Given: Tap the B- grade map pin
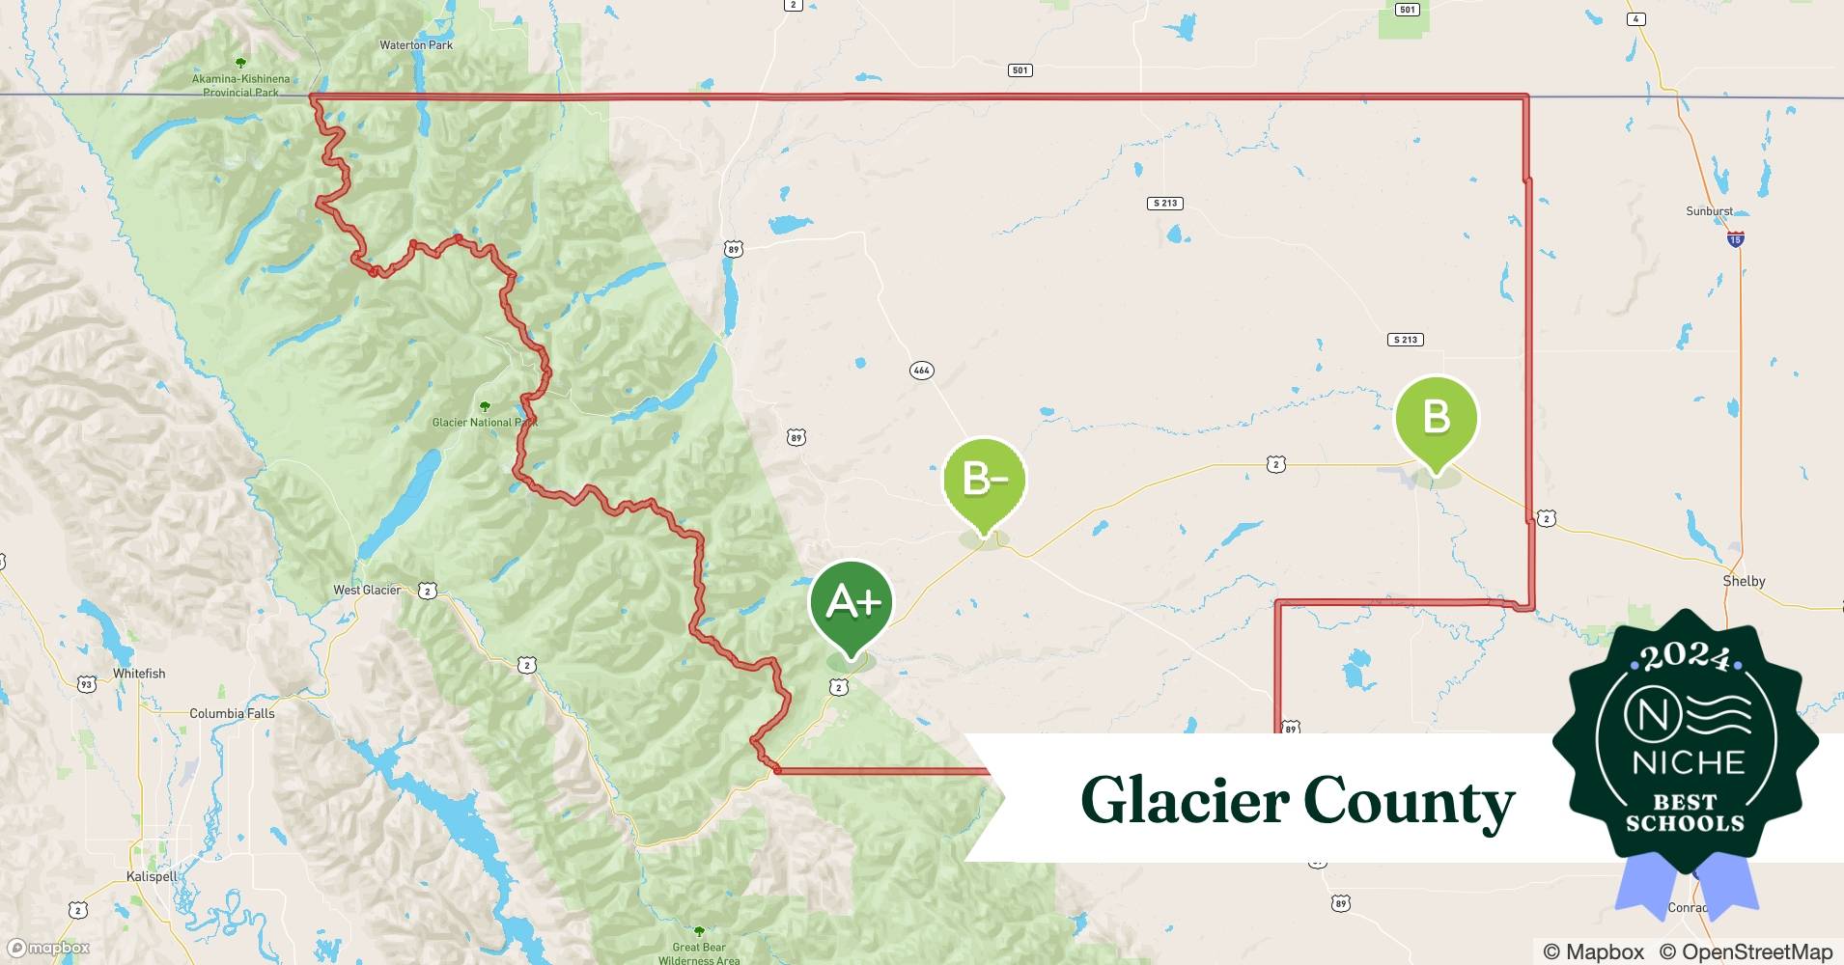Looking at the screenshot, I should pyautogui.click(x=984, y=480).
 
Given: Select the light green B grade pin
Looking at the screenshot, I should pyautogui.click(x=1437, y=418).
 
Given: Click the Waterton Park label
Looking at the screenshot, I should pyautogui.click(x=416, y=45).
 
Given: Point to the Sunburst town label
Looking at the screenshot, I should pyautogui.click(x=1709, y=211).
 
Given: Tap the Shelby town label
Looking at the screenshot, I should pyautogui.click(x=1744, y=581).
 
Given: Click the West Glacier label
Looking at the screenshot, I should pyautogui.click(x=367, y=590).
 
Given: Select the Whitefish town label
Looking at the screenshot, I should pyautogui.click(x=139, y=674).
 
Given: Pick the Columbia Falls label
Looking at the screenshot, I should pyautogui.click(x=232, y=713).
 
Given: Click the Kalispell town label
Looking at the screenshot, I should pyautogui.click(x=152, y=876).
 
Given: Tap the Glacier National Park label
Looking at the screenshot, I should pyautogui.click(x=485, y=422).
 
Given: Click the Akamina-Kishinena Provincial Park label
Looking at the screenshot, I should pyautogui.click(x=240, y=85).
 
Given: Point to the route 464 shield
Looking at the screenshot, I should pyautogui.click(x=921, y=370).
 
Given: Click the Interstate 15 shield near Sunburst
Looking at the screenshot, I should pyautogui.click(x=1735, y=238).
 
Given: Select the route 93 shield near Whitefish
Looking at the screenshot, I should pyautogui.click(x=86, y=684).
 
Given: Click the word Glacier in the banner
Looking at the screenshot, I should pyautogui.click(x=1185, y=801).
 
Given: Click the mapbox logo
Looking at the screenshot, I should pyautogui.click(x=48, y=948).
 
